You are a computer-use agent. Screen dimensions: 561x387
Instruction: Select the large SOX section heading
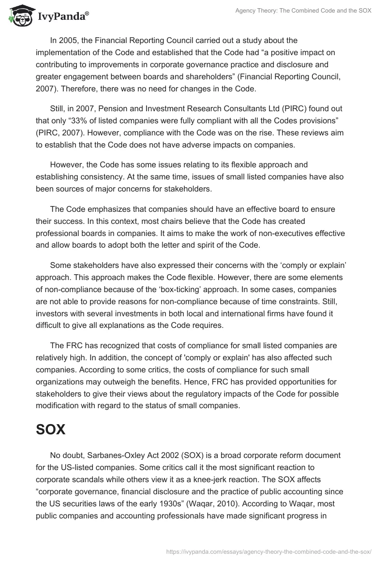(50, 429)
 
